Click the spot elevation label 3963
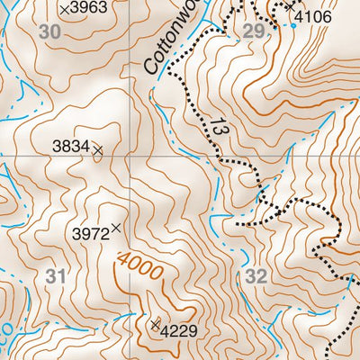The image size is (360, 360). click(89, 8)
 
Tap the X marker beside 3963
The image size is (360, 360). click(64, 8)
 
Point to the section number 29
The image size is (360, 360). click(254, 31)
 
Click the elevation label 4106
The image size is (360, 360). click(313, 17)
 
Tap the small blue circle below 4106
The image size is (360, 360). click(293, 25)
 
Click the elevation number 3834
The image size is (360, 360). click(69, 144)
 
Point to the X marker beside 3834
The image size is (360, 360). click(97, 150)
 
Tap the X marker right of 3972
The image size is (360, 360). click(115, 229)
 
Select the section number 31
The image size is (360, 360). click(55, 276)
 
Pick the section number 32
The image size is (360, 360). click(256, 276)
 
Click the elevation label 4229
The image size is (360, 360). click(179, 329)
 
